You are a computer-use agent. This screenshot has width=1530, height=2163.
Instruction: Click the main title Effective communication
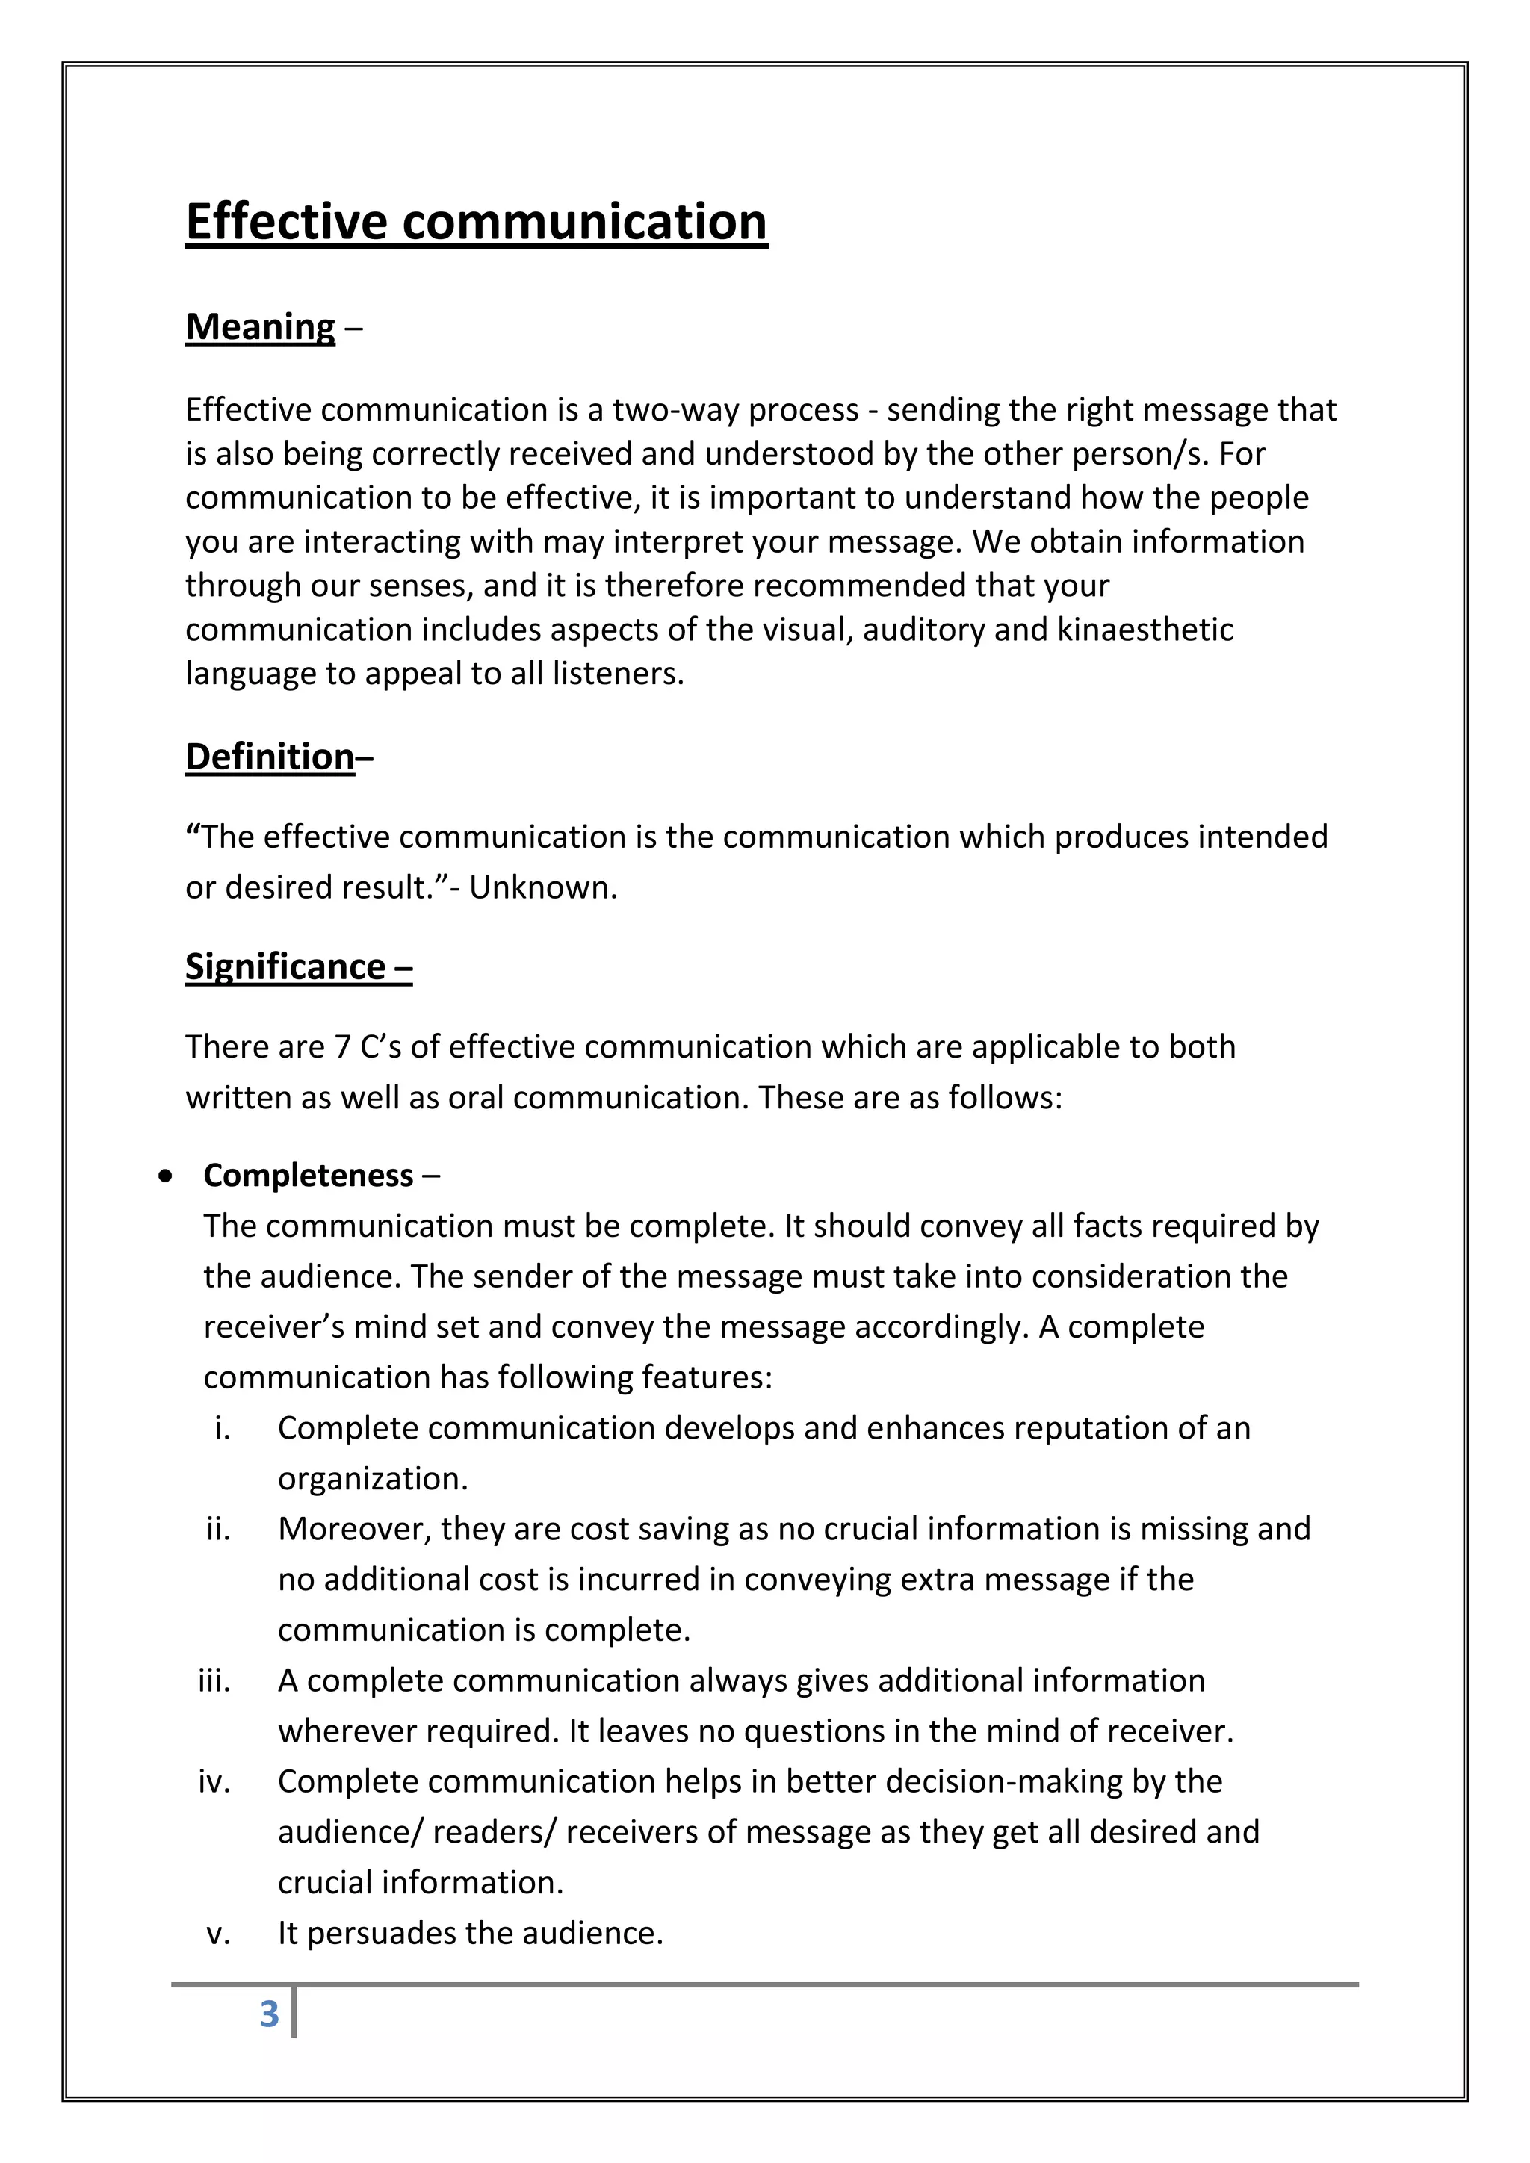point(476,223)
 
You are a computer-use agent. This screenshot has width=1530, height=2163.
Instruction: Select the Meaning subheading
point(260,327)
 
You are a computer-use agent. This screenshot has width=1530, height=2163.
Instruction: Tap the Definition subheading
point(270,757)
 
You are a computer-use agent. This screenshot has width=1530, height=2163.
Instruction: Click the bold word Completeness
point(308,1176)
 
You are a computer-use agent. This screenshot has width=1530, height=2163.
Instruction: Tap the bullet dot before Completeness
point(166,1176)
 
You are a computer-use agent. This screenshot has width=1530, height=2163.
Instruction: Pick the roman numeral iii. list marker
point(215,1681)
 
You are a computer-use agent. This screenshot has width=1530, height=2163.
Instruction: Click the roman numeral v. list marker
point(219,1933)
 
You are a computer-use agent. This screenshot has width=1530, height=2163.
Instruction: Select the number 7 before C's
point(343,1046)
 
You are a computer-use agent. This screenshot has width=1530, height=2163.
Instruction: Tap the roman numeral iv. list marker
point(215,1781)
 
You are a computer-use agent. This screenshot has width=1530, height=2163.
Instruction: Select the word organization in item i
point(371,1479)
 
